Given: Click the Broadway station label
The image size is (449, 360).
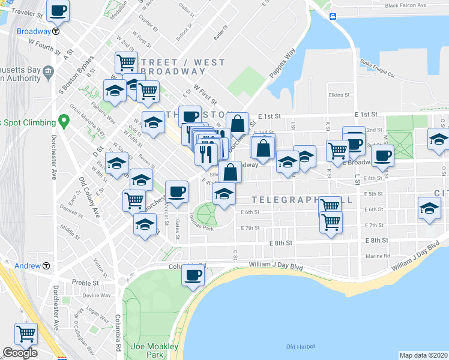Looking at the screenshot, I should (34, 31).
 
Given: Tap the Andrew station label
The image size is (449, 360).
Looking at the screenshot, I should (28, 266).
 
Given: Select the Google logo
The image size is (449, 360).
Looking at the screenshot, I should (20, 353).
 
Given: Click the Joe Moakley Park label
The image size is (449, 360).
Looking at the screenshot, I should (155, 350).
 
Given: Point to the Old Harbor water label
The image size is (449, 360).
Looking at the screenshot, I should (298, 347).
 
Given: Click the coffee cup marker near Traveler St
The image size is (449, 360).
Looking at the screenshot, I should (58, 11).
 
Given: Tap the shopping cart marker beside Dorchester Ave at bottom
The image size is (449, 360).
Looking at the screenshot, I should (26, 334).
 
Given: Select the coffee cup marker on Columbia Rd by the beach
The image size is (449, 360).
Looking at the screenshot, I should (193, 275).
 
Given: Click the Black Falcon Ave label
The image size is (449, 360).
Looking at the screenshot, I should (409, 6).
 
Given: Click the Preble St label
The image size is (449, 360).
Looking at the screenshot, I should (85, 283).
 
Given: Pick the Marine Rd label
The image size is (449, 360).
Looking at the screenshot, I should (376, 256).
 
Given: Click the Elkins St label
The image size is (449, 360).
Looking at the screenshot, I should (339, 95).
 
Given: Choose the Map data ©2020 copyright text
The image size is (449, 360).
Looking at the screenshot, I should (423, 355).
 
